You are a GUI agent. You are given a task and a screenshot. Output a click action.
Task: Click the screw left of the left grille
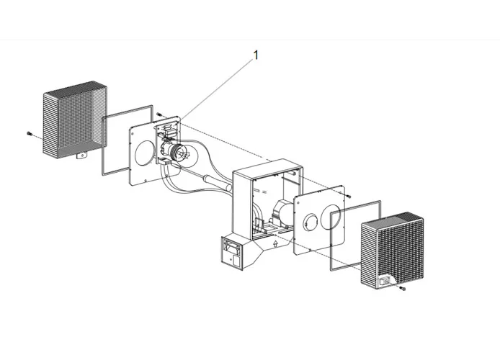coord(29,134)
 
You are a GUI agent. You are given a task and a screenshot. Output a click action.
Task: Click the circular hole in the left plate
coord(144,152)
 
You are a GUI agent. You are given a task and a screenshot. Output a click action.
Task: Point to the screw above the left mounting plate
coord(159,114)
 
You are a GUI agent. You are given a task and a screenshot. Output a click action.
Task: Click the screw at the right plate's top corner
coord(349,195)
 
